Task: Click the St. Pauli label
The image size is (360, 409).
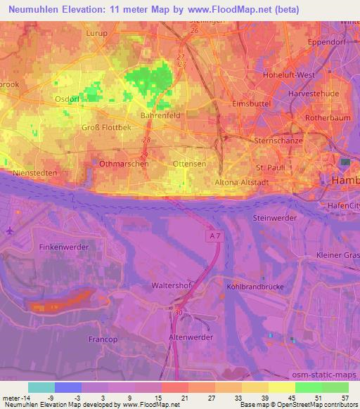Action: tap(269, 167)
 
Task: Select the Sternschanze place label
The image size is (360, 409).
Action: tap(278, 141)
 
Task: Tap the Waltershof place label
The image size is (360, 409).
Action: tap(172, 286)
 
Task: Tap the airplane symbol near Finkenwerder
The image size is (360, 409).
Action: tap(8, 231)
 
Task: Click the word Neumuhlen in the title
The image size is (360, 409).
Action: tap(34, 10)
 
